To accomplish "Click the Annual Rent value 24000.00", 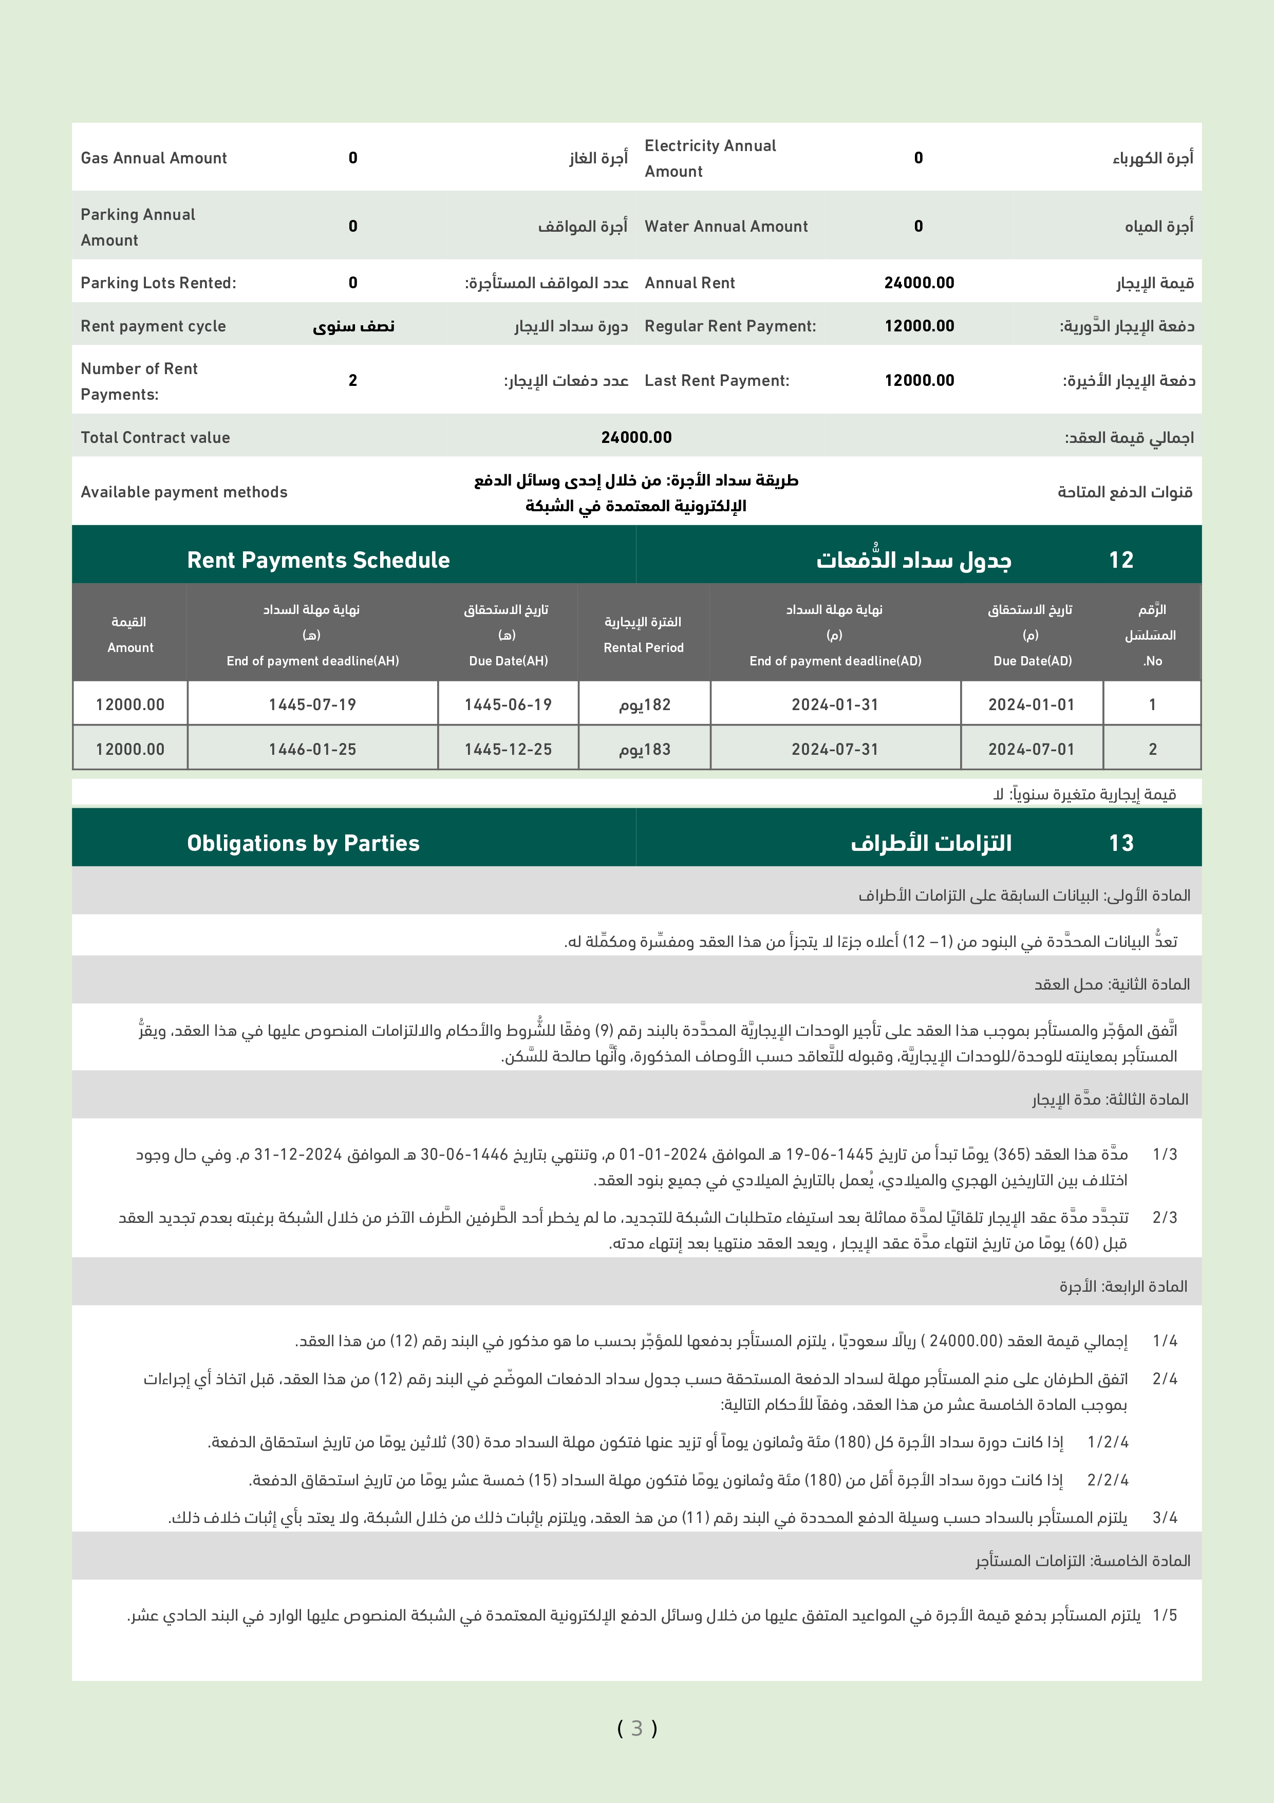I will (x=919, y=283).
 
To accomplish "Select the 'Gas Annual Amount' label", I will (x=154, y=158).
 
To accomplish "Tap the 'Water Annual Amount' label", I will (x=725, y=226).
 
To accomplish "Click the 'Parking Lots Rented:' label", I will (x=158, y=283).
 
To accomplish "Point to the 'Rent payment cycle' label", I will (x=153, y=326).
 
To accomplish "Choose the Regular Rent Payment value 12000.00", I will (x=919, y=326).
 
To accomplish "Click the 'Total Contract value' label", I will (x=156, y=437).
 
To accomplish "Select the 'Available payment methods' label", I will (x=184, y=492).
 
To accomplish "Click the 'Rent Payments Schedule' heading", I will (x=318, y=560).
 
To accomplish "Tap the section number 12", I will (x=1121, y=560).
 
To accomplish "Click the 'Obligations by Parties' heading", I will (x=303, y=843).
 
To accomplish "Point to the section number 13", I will (x=1121, y=843).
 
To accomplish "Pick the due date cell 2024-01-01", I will (x=1031, y=704).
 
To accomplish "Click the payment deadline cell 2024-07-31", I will (x=834, y=749).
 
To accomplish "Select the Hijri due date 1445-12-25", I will (x=508, y=749).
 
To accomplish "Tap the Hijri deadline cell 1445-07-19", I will (x=312, y=704).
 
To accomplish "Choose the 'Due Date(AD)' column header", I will (x=1032, y=660).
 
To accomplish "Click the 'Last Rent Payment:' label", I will (x=717, y=380).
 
